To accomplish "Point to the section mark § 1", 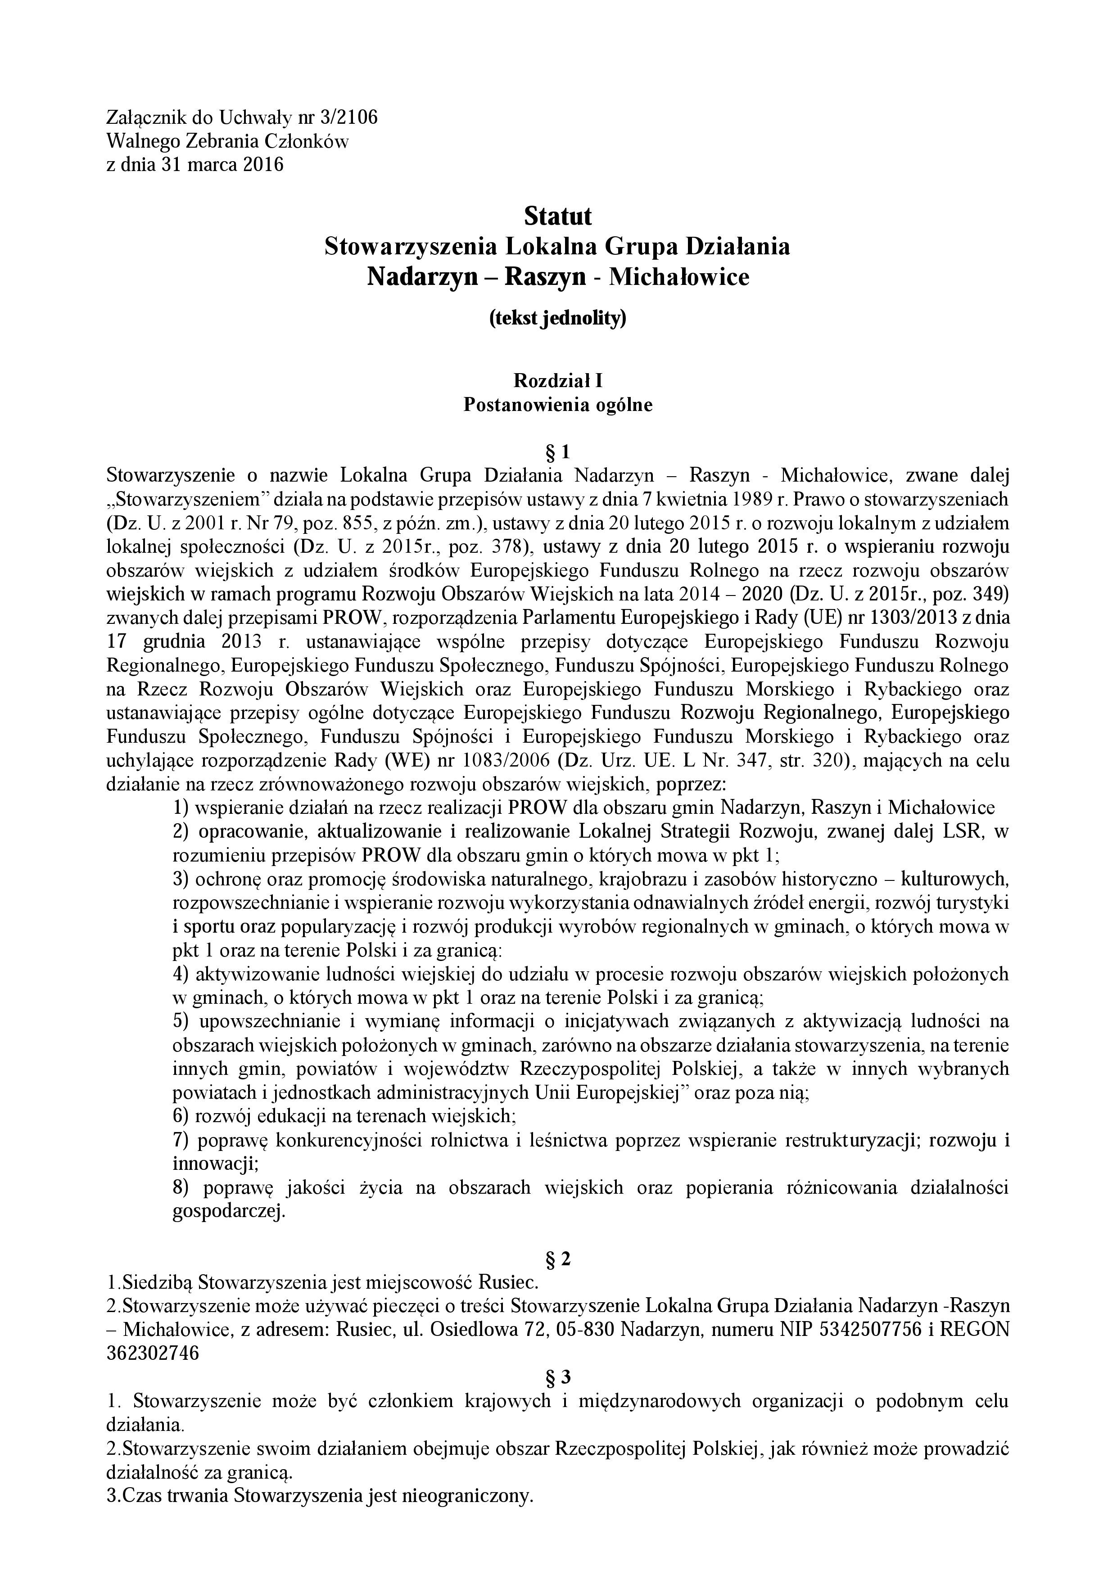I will pyautogui.click(x=558, y=452).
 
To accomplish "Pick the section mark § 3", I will pyautogui.click(x=558, y=1377).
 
